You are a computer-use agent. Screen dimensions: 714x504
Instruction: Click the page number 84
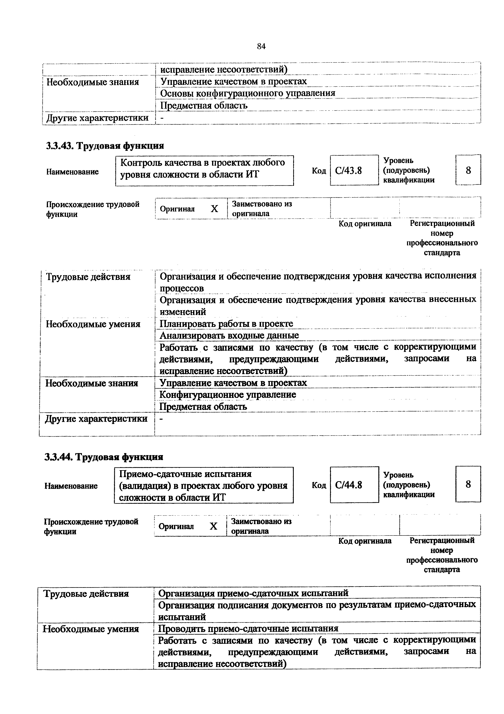pyautogui.click(x=261, y=47)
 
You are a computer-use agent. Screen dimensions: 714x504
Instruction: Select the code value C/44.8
pyautogui.click(x=349, y=485)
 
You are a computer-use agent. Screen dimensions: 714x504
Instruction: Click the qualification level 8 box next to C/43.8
pyautogui.click(x=468, y=170)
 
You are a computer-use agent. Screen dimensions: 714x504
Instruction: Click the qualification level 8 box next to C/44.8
pyautogui.click(x=468, y=484)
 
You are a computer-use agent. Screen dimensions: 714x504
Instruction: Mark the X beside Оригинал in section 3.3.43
pyautogui.click(x=214, y=209)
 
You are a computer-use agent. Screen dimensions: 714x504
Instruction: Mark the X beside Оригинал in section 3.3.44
pyautogui.click(x=213, y=526)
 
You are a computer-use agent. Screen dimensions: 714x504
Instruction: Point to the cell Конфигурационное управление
pyautogui.click(x=228, y=395)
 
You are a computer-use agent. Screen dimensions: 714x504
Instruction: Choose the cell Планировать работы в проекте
pyautogui.click(x=226, y=324)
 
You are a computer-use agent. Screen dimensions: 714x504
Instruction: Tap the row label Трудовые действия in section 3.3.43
pyautogui.click(x=88, y=277)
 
